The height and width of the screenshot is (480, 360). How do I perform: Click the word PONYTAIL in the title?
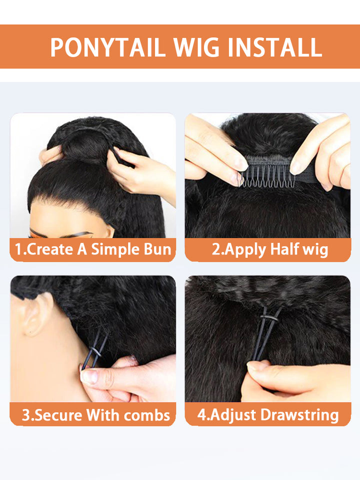point(107,47)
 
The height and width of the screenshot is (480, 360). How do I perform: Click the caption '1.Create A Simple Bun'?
point(93,249)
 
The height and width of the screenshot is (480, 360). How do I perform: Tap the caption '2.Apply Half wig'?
point(269,249)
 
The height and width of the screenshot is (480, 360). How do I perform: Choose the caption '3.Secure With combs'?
point(95,414)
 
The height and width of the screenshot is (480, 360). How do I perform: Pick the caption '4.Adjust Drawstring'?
point(267,414)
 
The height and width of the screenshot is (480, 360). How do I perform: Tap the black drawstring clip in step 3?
point(95,350)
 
